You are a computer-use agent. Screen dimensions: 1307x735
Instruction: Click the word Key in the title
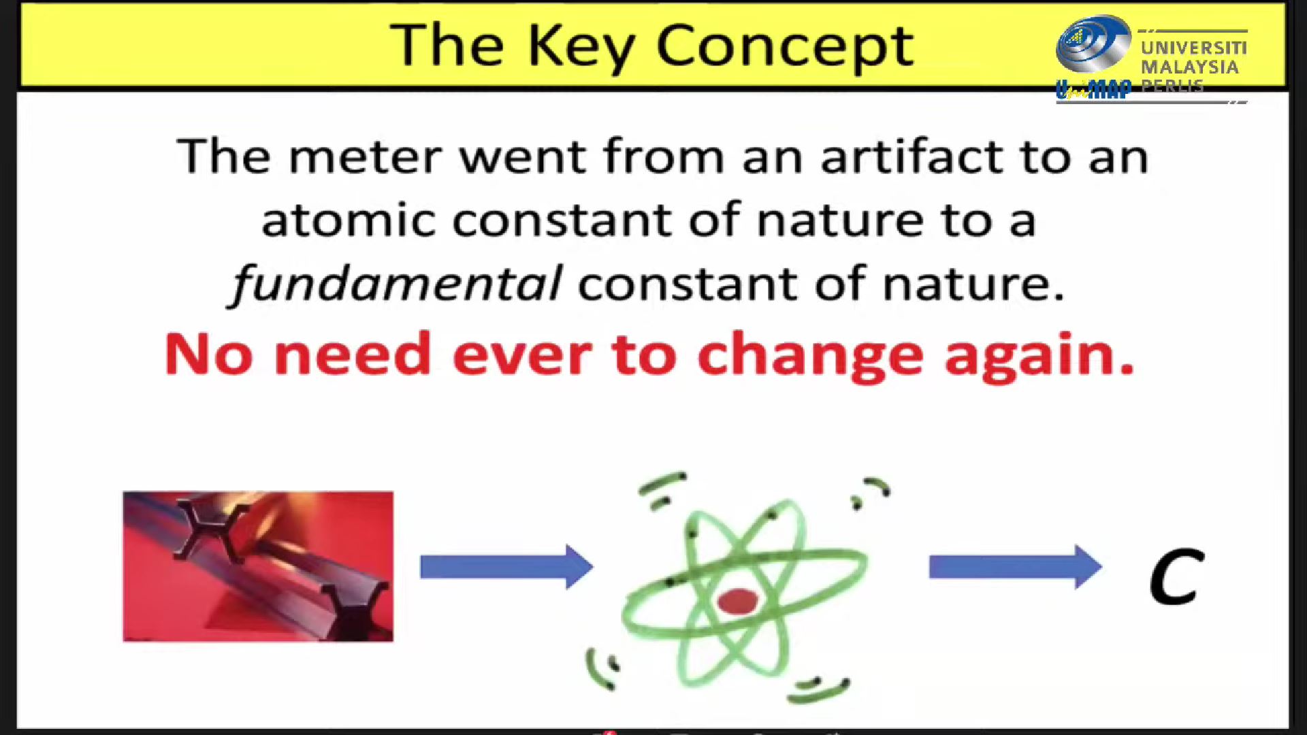581,47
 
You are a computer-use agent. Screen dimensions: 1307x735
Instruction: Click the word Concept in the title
785,47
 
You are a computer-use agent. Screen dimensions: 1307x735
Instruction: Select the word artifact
911,156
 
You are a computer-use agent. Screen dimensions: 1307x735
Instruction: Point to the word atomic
349,220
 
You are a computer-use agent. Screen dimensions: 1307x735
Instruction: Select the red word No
210,354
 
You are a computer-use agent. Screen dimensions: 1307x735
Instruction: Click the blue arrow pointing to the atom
506,566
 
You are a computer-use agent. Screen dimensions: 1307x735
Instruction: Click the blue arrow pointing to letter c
1016,566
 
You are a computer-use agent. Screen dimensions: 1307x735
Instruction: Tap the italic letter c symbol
1176,577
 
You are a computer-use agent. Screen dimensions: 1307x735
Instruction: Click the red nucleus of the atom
737,602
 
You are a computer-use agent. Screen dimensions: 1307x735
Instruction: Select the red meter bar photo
258,566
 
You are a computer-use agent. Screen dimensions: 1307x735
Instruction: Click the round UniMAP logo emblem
1094,44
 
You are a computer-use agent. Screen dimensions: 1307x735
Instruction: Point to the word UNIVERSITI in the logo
1194,48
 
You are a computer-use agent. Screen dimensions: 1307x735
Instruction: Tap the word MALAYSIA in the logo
1190,67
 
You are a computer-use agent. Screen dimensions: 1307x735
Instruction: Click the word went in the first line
523,157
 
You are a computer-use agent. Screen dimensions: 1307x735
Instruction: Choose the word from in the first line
664,156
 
